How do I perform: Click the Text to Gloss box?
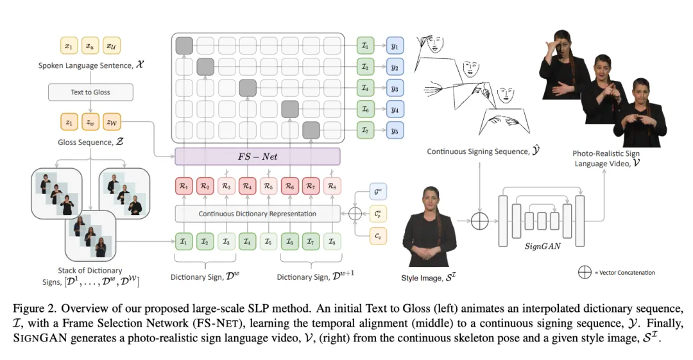pyautogui.click(x=90, y=92)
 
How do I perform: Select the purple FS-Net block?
pyautogui.click(x=257, y=157)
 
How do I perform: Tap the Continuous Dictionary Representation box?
pyautogui.click(x=257, y=214)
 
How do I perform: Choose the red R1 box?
pyautogui.click(x=184, y=186)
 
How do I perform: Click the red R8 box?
pyautogui.click(x=330, y=186)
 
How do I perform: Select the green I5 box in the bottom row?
pyautogui.click(x=268, y=242)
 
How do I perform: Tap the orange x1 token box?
pyautogui.click(x=68, y=46)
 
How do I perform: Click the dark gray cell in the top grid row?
pyautogui.click(x=184, y=46)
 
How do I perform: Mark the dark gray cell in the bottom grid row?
pyautogui.click(x=311, y=130)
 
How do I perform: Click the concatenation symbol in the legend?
pyautogui.click(x=585, y=272)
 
